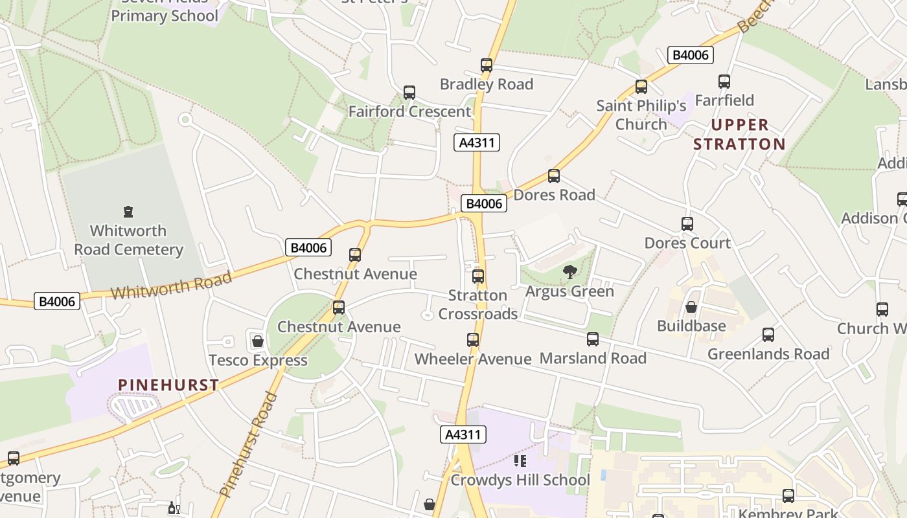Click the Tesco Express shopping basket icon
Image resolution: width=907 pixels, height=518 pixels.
(x=258, y=341)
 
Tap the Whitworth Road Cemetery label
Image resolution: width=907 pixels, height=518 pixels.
(x=128, y=240)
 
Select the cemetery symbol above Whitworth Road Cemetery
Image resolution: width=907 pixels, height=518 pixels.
(x=128, y=212)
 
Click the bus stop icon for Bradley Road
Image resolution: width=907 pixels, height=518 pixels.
(x=487, y=65)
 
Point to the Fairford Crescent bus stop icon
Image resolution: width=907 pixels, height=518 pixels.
(x=409, y=93)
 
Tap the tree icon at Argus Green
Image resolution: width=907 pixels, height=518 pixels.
(x=570, y=272)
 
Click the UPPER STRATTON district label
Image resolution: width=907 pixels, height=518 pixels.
(x=739, y=134)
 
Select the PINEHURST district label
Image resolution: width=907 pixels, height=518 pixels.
(x=168, y=385)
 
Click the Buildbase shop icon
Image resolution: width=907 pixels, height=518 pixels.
(x=691, y=307)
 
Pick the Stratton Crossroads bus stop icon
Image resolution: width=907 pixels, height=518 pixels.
(x=478, y=276)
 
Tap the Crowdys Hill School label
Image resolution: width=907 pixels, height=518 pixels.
(x=520, y=480)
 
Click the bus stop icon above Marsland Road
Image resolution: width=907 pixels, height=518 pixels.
(x=593, y=339)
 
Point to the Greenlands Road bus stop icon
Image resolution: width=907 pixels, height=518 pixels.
(x=768, y=335)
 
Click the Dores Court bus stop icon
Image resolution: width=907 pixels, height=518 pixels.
(x=687, y=224)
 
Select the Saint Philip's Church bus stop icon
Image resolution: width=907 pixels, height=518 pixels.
(x=641, y=87)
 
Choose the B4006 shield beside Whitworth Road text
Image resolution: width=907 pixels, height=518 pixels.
(x=57, y=301)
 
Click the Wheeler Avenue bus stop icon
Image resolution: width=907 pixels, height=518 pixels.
(x=473, y=340)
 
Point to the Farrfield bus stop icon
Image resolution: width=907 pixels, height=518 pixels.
(x=724, y=82)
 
